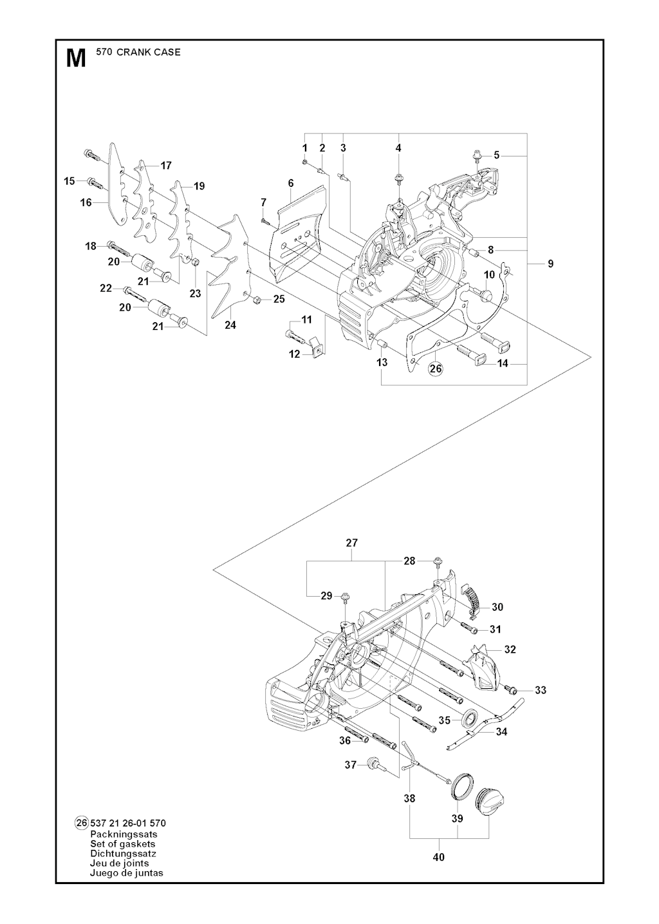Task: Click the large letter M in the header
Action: tap(76, 58)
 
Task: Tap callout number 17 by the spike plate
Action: tap(166, 166)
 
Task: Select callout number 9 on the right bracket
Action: tap(550, 263)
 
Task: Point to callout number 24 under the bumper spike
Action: tap(230, 325)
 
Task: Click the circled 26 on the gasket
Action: tap(436, 369)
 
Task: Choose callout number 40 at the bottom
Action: tap(439, 857)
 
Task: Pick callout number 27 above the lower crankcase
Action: tap(351, 543)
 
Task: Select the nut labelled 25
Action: tap(255, 299)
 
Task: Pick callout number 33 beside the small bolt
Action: tap(541, 690)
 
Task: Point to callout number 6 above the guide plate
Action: tap(291, 184)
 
